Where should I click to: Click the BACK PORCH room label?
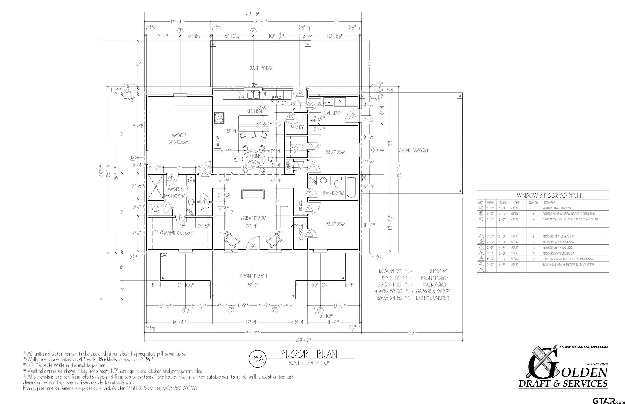point(261,68)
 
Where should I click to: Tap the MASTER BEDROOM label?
point(179,138)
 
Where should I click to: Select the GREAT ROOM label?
point(253,218)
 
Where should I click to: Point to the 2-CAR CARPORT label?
point(413,151)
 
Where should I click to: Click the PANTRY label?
point(296,127)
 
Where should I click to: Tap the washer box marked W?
point(328,101)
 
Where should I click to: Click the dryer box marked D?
point(339,101)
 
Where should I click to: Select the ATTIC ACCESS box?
point(300,206)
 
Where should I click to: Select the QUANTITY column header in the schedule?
point(533,203)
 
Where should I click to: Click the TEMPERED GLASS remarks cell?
point(571,219)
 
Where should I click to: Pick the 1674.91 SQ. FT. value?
point(395,271)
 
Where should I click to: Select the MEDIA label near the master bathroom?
point(205,209)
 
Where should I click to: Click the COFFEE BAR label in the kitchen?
point(218,143)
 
